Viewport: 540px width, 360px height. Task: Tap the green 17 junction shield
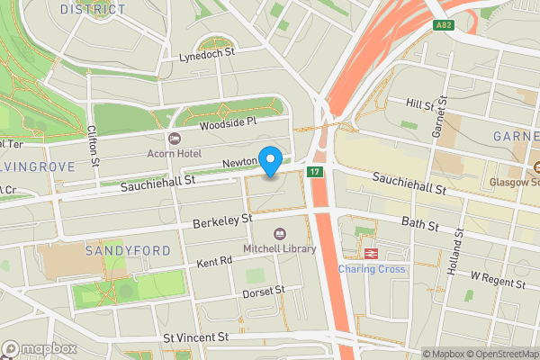click(314, 171)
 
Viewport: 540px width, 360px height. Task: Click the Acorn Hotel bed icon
click(174, 138)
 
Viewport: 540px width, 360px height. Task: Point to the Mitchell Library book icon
click(279, 233)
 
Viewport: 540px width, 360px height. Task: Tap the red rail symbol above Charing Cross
click(370, 253)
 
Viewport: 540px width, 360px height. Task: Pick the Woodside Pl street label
click(228, 121)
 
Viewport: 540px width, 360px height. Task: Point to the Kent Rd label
click(214, 261)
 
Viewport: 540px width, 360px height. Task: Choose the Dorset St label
click(263, 291)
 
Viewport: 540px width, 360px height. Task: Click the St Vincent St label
click(196, 337)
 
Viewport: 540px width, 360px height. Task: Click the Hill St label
click(420, 104)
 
